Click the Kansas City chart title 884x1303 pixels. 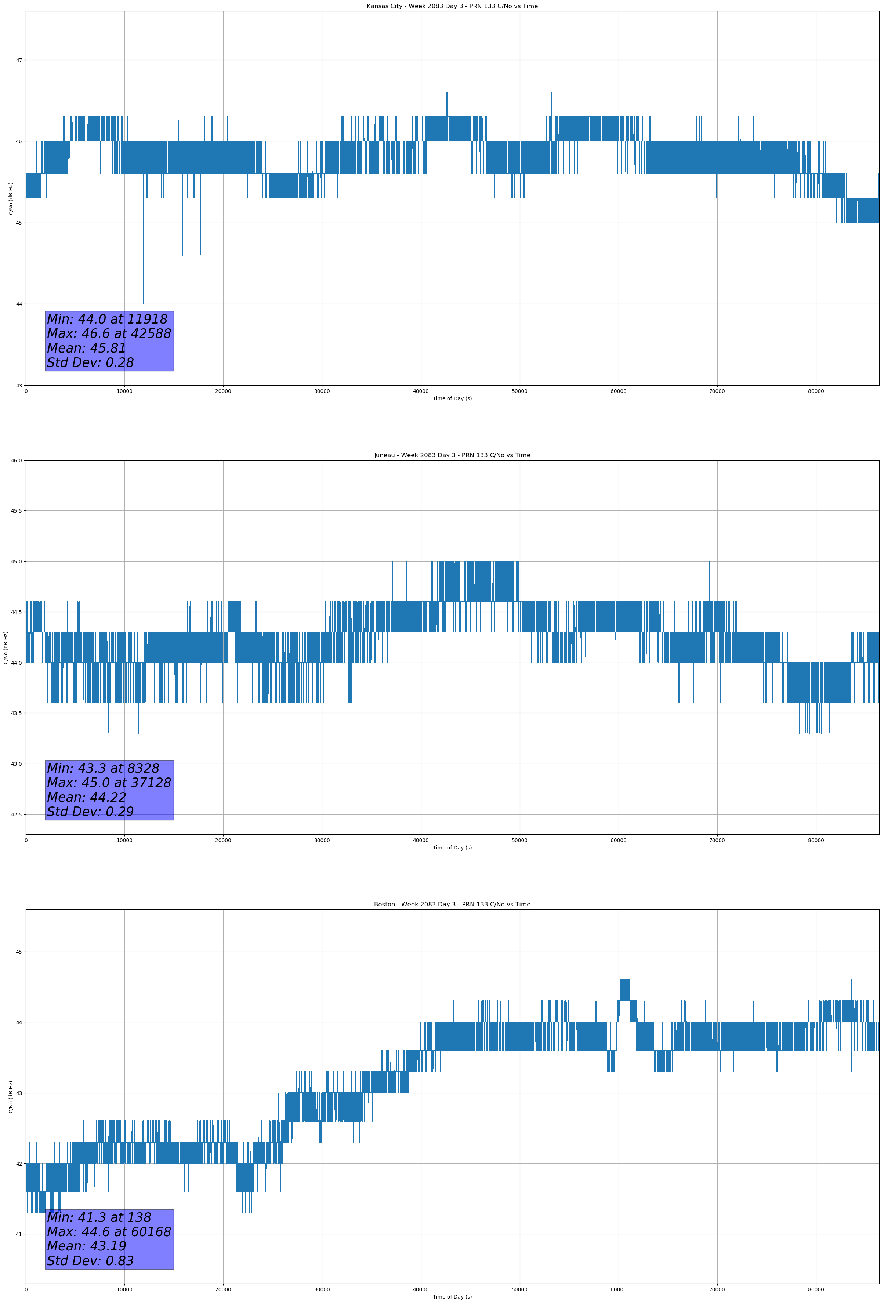coord(452,6)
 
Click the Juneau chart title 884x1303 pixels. coord(452,455)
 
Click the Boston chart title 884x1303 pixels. coord(452,905)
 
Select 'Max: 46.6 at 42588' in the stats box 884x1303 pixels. coord(109,333)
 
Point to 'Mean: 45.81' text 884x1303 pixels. coord(86,348)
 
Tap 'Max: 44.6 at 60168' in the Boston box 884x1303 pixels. coord(109,1232)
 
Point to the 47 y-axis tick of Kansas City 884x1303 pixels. coord(19,60)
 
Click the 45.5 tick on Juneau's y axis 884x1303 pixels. coord(16,511)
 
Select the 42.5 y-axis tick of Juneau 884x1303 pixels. coord(16,814)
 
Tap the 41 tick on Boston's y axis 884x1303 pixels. coord(19,1234)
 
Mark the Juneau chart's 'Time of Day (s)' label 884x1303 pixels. coord(452,848)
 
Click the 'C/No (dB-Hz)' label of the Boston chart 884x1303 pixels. coord(11,1096)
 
